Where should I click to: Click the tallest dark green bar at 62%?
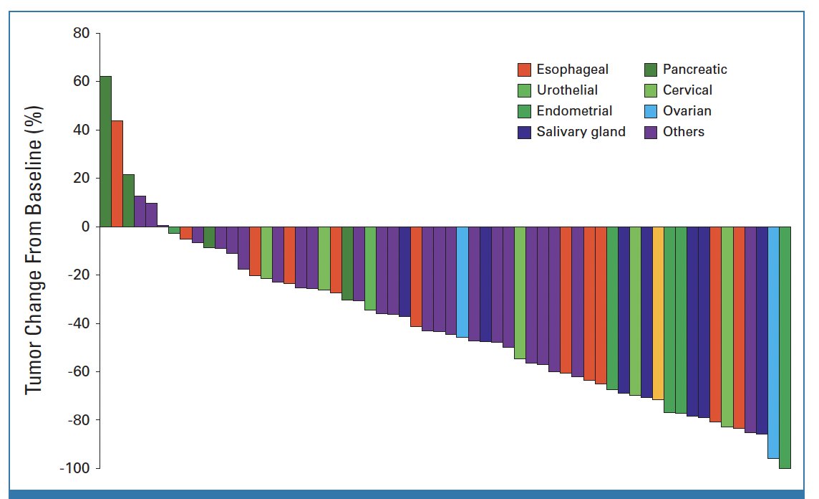coord(105,151)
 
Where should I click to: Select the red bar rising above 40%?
coord(117,174)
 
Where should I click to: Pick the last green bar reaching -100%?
coord(785,347)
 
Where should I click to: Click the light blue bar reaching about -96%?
coord(773,342)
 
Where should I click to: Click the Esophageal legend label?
coord(572,70)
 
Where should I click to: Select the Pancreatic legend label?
coord(694,70)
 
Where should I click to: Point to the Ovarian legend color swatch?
coord(650,111)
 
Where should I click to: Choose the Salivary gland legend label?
coord(581,132)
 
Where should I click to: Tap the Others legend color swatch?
coord(650,132)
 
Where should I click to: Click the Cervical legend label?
coord(687,90)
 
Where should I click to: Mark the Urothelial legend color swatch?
coord(524,90)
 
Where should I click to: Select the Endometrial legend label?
coord(574,111)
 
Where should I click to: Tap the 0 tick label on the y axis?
coord(84,227)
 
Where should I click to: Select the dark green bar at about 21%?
coord(128,201)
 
